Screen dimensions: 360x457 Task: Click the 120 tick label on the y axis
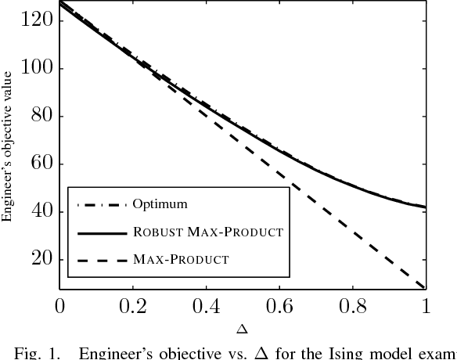tap(36, 20)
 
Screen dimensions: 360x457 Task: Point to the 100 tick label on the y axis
tap(36, 68)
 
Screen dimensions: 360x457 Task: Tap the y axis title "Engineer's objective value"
tap(9, 156)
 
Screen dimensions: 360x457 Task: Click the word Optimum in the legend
tap(160, 205)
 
